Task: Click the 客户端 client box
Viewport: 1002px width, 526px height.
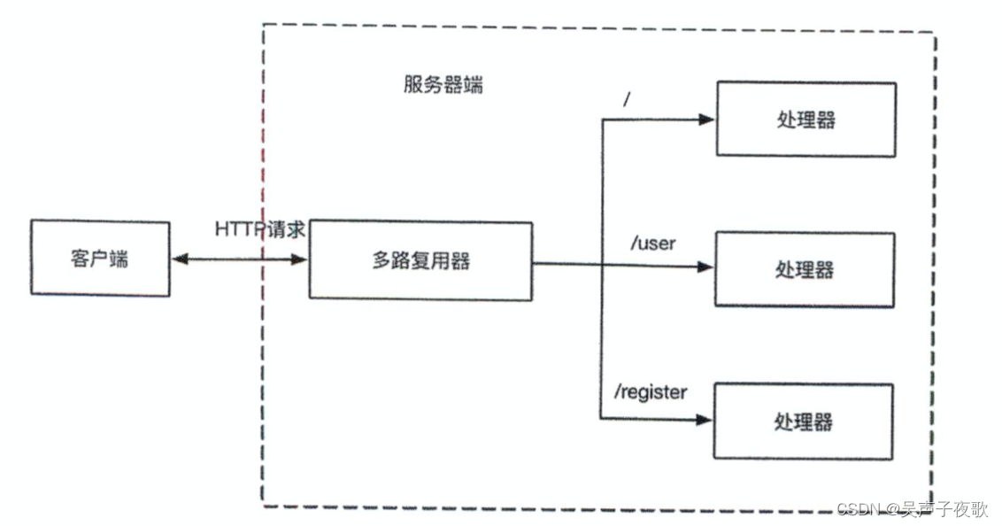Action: tap(99, 258)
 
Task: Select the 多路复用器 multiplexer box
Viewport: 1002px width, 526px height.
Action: tap(420, 260)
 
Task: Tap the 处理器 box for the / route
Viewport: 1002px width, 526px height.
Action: tap(805, 120)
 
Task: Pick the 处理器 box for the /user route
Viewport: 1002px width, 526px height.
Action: tap(805, 269)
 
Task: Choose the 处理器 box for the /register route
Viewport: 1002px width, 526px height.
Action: tap(804, 420)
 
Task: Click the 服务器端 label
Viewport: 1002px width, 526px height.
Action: tap(443, 86)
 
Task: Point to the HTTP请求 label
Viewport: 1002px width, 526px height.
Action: tap(260, 228)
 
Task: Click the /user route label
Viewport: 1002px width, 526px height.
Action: tap(652, 243)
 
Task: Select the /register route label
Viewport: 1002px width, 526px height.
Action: tap(650, 391)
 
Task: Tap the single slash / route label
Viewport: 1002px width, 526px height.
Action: tap(626, 99)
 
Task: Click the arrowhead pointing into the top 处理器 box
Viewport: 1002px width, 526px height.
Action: tap(706, 120)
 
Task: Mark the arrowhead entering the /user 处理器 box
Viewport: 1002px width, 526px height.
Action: tap(705, 267)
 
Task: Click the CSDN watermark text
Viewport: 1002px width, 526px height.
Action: tap(912, 509)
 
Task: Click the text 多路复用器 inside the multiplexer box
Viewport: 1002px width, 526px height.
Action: tap(420, 260)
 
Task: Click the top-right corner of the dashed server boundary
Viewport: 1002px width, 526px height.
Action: tap(934, 34)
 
